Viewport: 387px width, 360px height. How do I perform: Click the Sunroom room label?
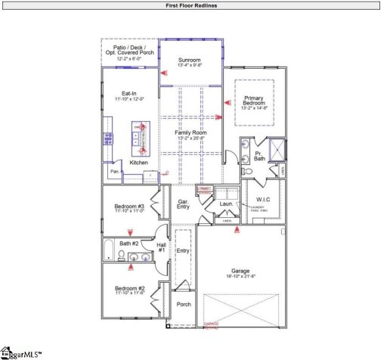pos(190,61)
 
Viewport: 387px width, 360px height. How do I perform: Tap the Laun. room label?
pos(225,203)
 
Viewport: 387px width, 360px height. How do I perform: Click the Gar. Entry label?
pos(183,203)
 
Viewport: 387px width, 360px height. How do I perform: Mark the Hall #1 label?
pos(161,247)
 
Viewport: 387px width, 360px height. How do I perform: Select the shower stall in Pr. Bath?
pos(276,147)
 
